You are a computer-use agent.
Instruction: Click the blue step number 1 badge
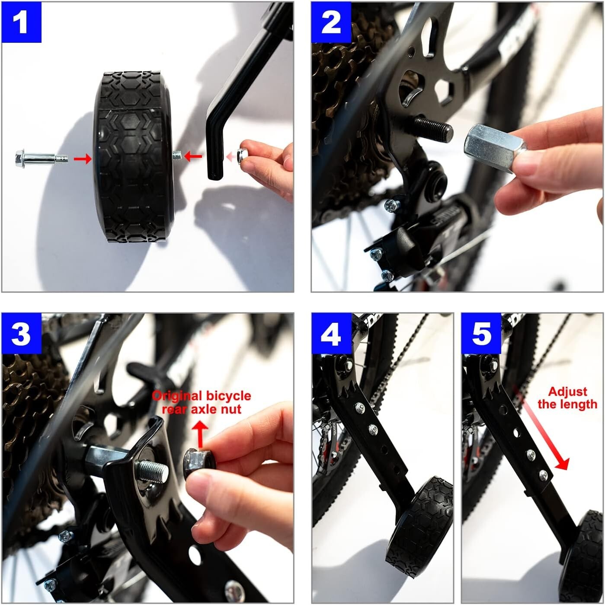21,22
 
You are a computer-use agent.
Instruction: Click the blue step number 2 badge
331,22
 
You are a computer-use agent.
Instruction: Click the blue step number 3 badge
21,334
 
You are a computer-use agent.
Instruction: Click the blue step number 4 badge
331,334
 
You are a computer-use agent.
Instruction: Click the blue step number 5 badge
481,334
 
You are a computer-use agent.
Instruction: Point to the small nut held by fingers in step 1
243,154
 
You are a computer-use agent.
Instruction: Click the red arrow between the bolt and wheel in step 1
82,159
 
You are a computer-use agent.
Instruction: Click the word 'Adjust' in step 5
567,392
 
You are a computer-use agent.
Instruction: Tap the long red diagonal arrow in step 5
541,428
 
